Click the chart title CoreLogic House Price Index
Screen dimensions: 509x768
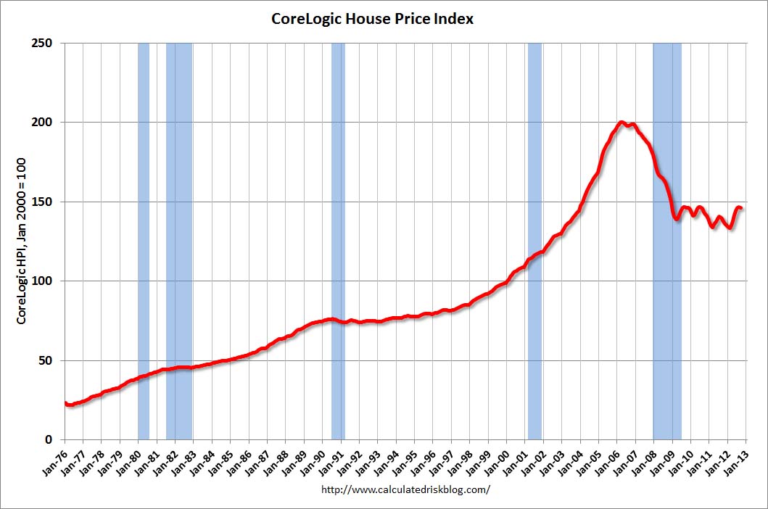[x=372, y=20]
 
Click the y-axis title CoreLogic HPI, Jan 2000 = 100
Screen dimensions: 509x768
[x=22, y=241]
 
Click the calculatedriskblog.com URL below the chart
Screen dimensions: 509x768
[x=405, y=489]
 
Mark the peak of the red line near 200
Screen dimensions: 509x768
[x=622, y=123]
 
